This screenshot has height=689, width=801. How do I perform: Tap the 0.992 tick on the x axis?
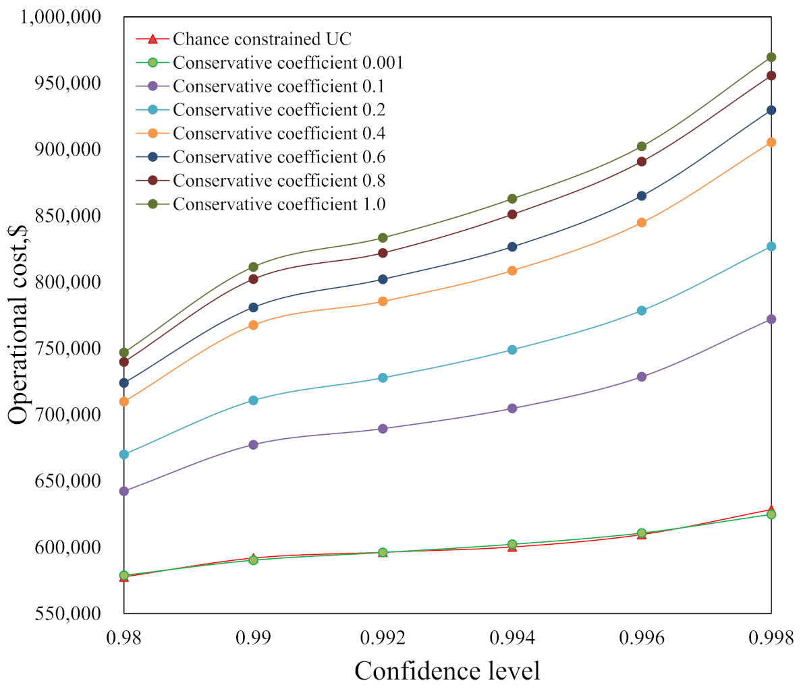pos(383,637)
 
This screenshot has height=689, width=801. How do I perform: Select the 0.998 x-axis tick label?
pos(771,637)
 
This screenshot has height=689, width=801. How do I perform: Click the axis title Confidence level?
pos(447,671)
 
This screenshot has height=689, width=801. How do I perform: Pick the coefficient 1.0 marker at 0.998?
pos(771,57)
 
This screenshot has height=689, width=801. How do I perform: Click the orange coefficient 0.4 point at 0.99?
pos(254,325)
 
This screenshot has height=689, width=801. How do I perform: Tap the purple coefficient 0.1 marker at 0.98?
pos(124,491)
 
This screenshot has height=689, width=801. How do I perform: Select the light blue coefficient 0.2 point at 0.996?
pos(642,311)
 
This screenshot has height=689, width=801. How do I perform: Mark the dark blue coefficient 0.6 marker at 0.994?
pos(512,247)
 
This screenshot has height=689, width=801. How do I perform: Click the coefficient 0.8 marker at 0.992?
pos(383,253)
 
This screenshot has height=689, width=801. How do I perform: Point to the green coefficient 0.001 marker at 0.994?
pos(512,544)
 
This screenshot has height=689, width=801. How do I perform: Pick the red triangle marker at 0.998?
pos(771,510)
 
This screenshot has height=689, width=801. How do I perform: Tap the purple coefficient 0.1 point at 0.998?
pos(771,319)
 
